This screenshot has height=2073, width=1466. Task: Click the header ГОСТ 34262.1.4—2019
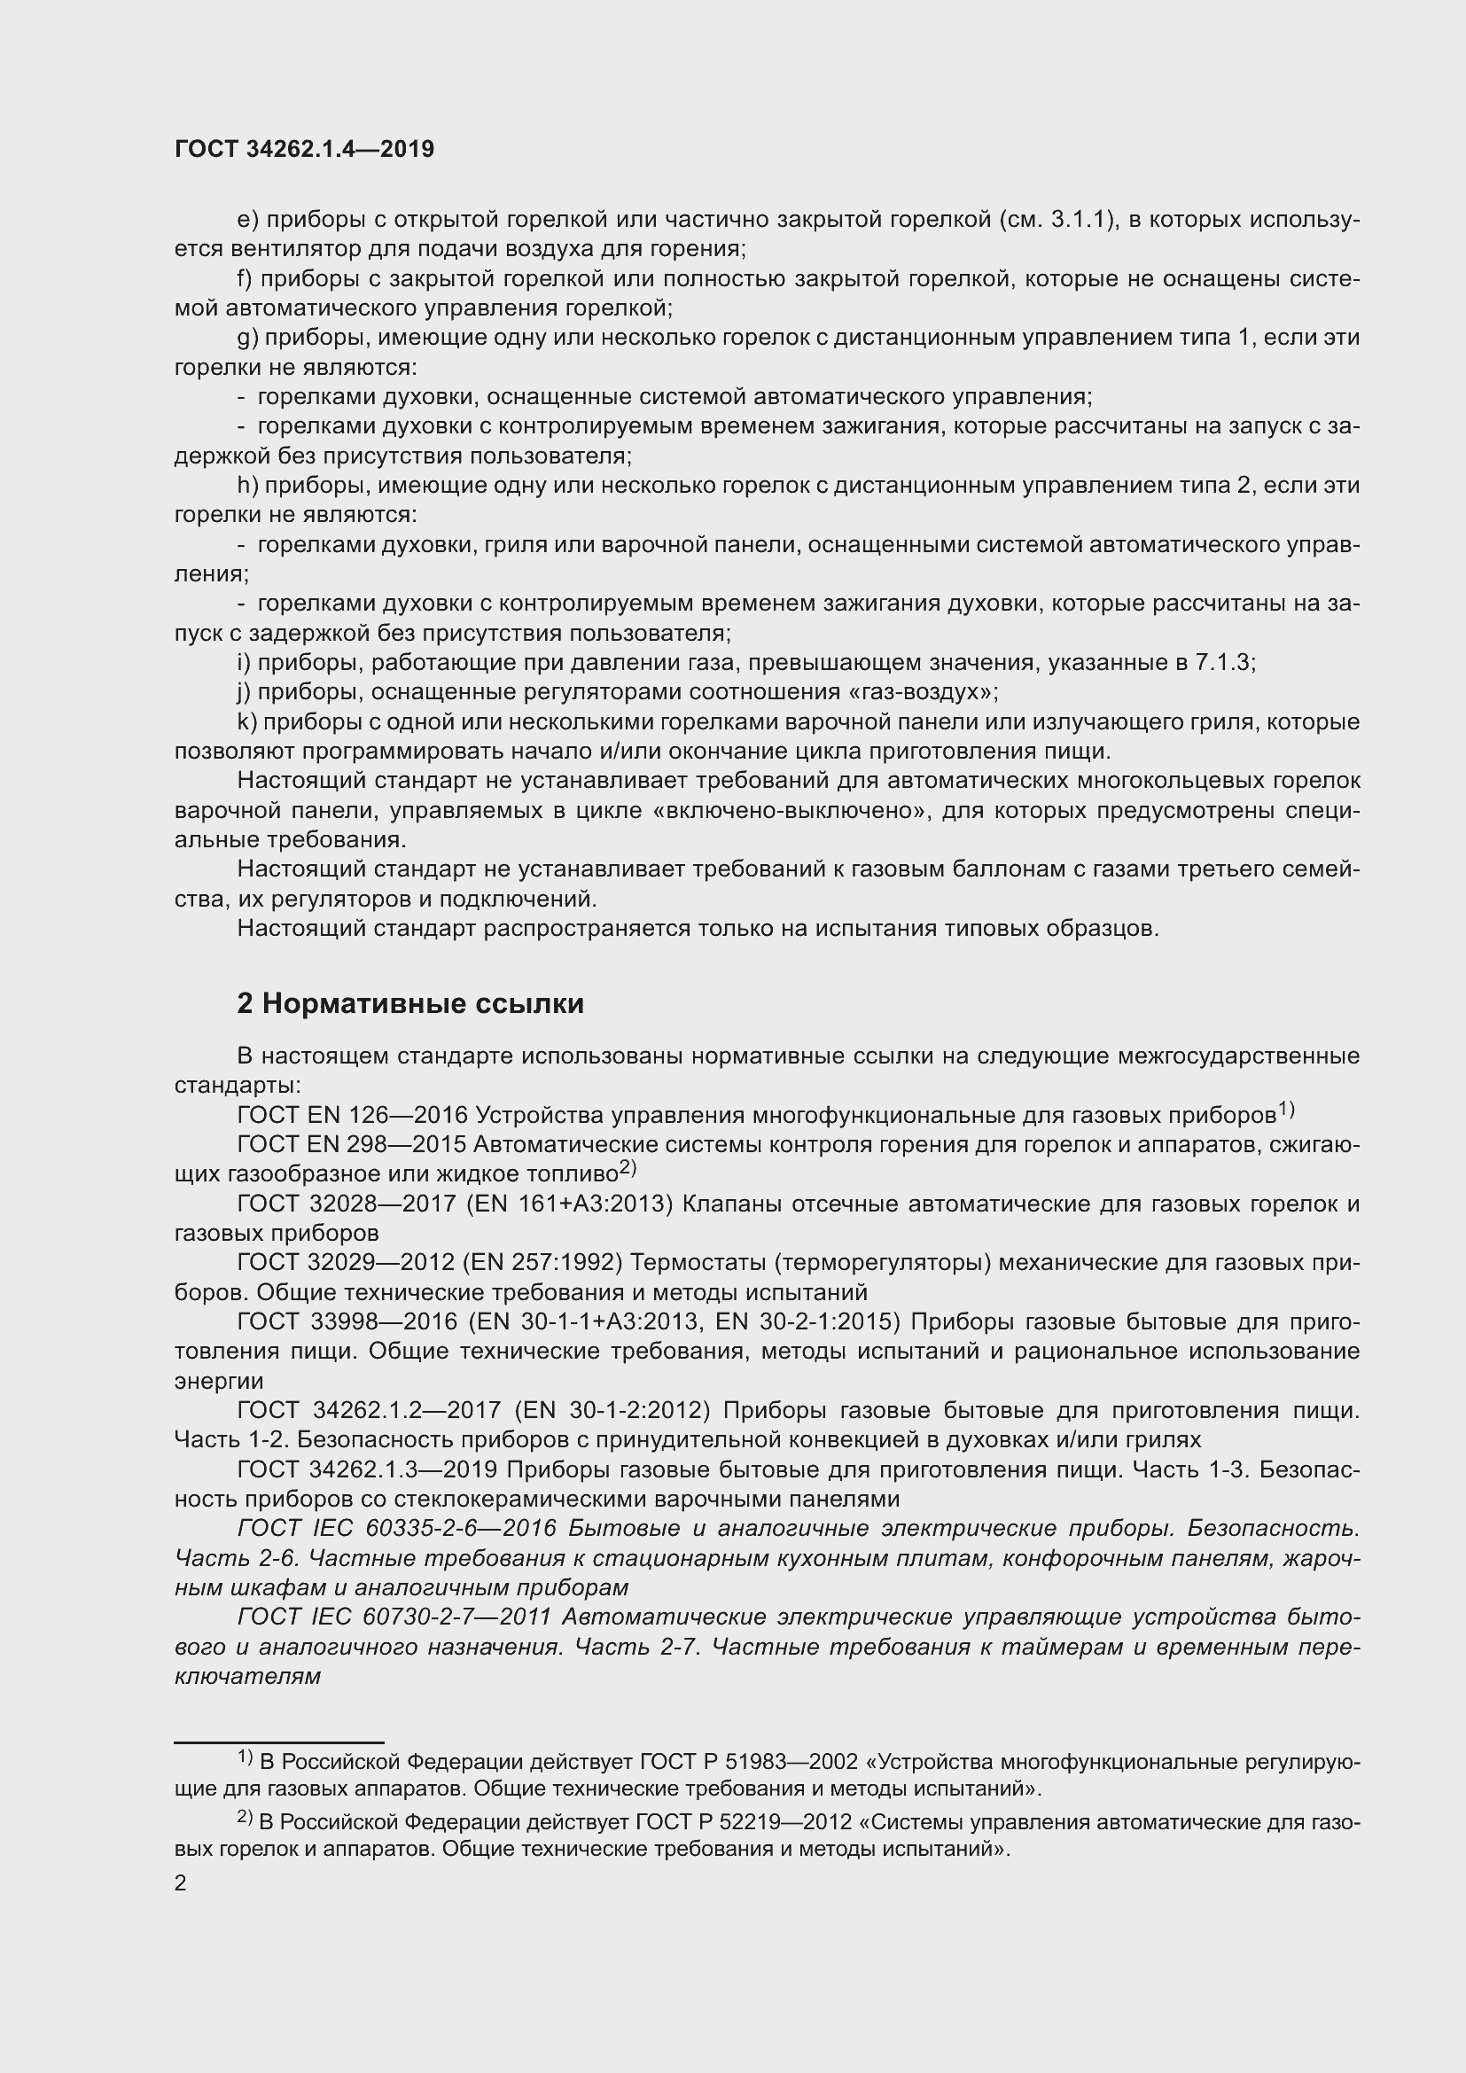click(303, 149)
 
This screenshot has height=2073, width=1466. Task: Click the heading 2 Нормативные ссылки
click(409, 1003)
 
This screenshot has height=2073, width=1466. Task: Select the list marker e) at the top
click(247, 220)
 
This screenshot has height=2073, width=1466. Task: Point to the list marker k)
click(247, 722)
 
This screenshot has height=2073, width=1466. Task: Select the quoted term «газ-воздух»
click(922, 692)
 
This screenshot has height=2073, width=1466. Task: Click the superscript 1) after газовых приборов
click(1286, 1110)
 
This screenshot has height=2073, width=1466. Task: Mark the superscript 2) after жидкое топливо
click(628, 1168)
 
